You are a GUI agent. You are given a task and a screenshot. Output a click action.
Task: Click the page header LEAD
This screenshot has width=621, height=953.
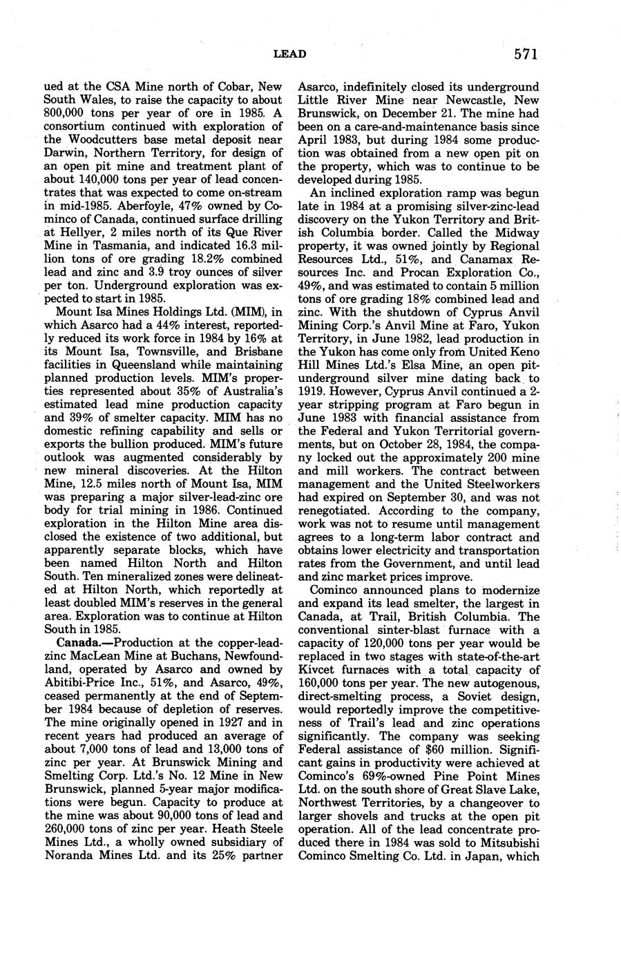[289, 54]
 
